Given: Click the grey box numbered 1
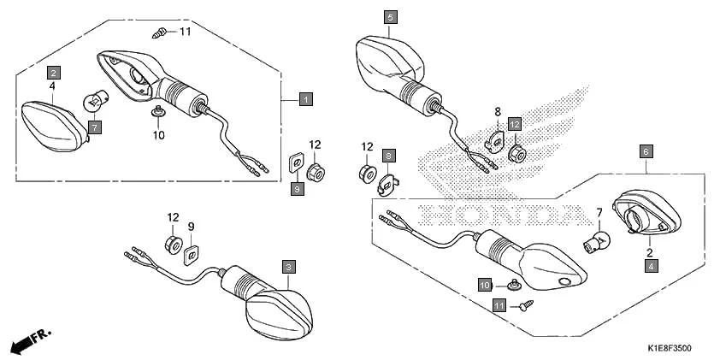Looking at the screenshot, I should tap(305, 99).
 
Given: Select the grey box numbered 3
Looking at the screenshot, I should tap(289, 267).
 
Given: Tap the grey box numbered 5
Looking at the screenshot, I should tap(390, 16).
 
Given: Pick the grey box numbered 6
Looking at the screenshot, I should tap(646, 151).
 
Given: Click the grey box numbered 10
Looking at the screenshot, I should tap(484, 284).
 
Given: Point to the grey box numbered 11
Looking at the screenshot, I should tap(499, 304).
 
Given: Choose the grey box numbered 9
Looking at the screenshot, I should tap(297, 189).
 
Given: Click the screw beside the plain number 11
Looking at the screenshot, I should tap(159, 33).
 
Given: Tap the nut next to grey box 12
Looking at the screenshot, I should tap(516, 153).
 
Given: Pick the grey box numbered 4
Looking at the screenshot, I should tap(652, 267).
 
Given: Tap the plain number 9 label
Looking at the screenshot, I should tap(192, 227).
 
